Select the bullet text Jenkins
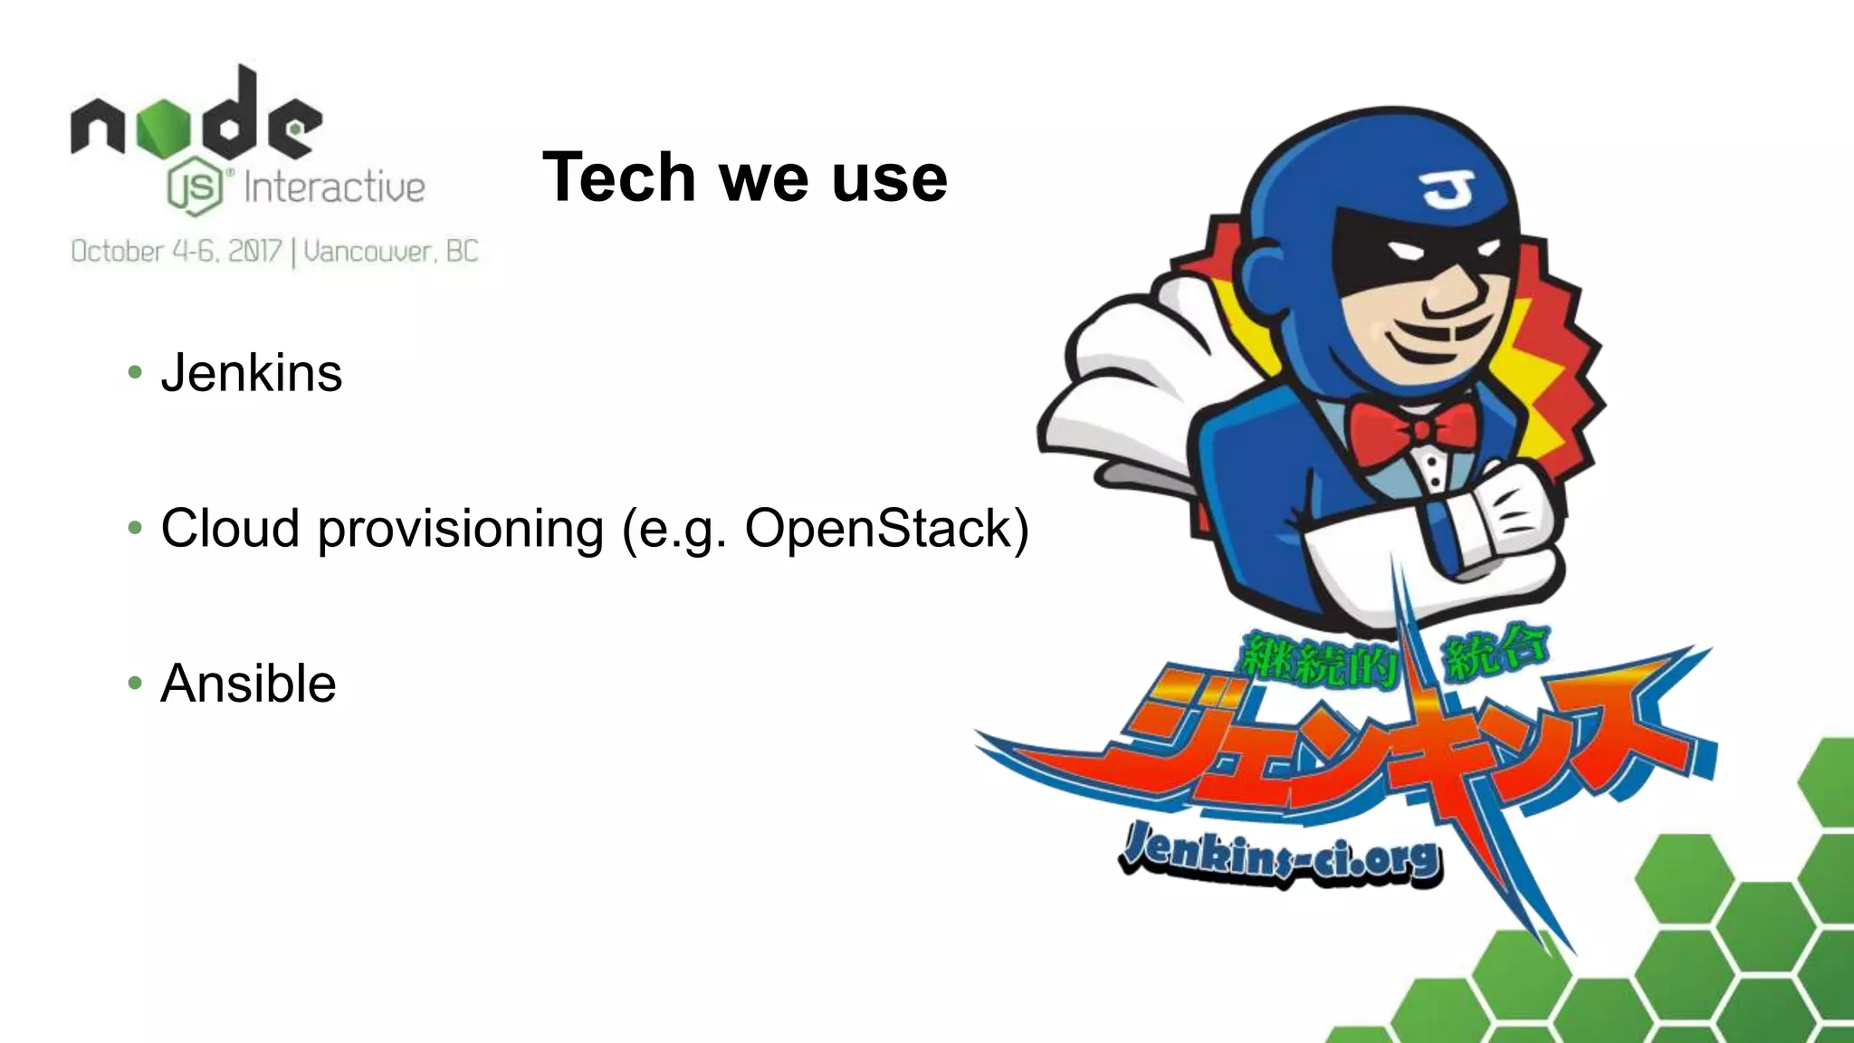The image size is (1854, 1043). point(252,373)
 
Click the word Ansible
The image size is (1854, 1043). point(248,684)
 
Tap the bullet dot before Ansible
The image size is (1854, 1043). point(136,683)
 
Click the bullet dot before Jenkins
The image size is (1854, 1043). point(136,372)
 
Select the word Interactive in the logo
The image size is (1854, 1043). point(334,188)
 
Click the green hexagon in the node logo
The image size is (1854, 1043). point(164,128)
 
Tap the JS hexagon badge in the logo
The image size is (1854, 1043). point(195,188)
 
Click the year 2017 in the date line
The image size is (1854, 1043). point(255,251)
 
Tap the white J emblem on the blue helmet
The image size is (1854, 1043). point(1446,187)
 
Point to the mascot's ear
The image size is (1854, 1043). point(1271,273)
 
